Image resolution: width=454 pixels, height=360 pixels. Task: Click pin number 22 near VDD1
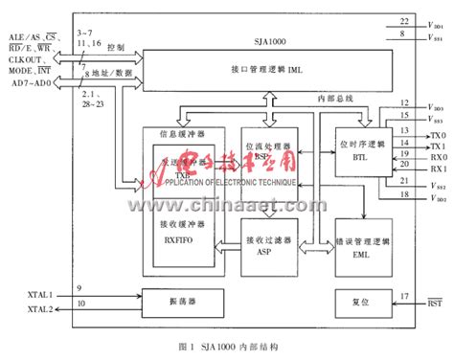[403, 19]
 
